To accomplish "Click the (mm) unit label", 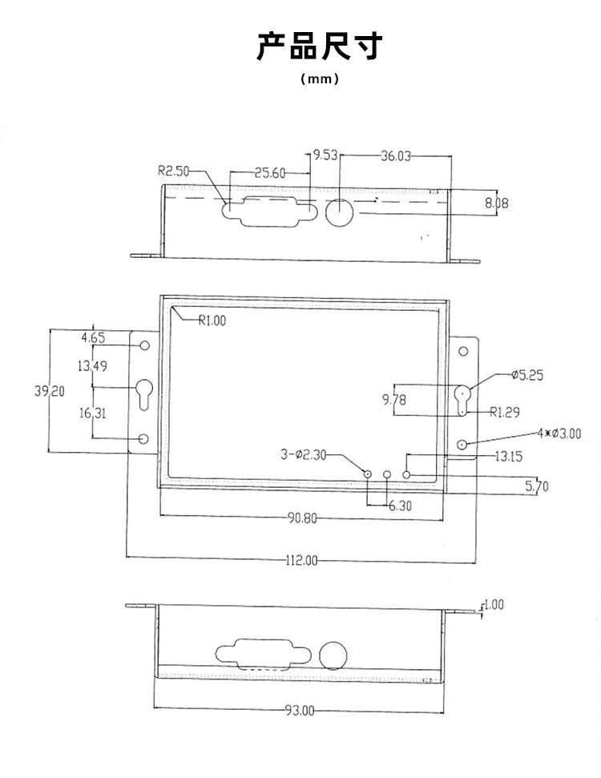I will point(320,79).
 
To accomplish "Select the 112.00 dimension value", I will point(301,560).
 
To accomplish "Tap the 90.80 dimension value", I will point(302,518).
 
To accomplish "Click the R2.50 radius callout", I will point(172,171).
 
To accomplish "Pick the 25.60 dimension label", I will point(270,172).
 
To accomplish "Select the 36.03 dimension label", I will point(396,156).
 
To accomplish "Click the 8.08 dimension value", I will point(497,203).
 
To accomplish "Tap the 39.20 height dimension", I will point(50,390).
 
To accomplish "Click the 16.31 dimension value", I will point(92,413).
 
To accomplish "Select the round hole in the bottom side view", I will point(333,655).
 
